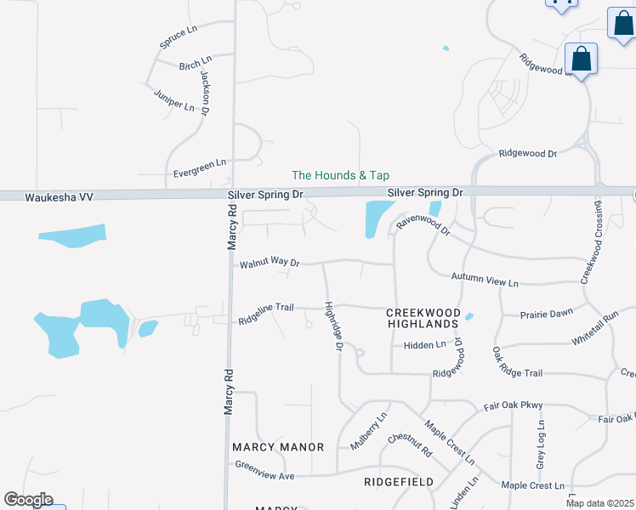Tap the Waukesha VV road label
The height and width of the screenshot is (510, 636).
coord(35,196)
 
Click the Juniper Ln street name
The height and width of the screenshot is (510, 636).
coord(173,99)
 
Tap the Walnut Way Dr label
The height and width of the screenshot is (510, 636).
coord(270,263)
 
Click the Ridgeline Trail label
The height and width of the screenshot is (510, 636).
coord(265,320)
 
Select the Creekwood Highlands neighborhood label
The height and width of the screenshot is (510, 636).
coord(423,319)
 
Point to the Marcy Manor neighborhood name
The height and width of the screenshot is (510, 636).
coord(278,447)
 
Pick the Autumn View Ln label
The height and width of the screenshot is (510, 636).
coord(485,280)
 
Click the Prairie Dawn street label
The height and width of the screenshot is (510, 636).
coord(548,314)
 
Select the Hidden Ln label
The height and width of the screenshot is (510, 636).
coord(424,344)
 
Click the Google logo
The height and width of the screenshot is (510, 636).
coord(28,500)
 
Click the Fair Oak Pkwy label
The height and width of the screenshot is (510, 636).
coord(513,407)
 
